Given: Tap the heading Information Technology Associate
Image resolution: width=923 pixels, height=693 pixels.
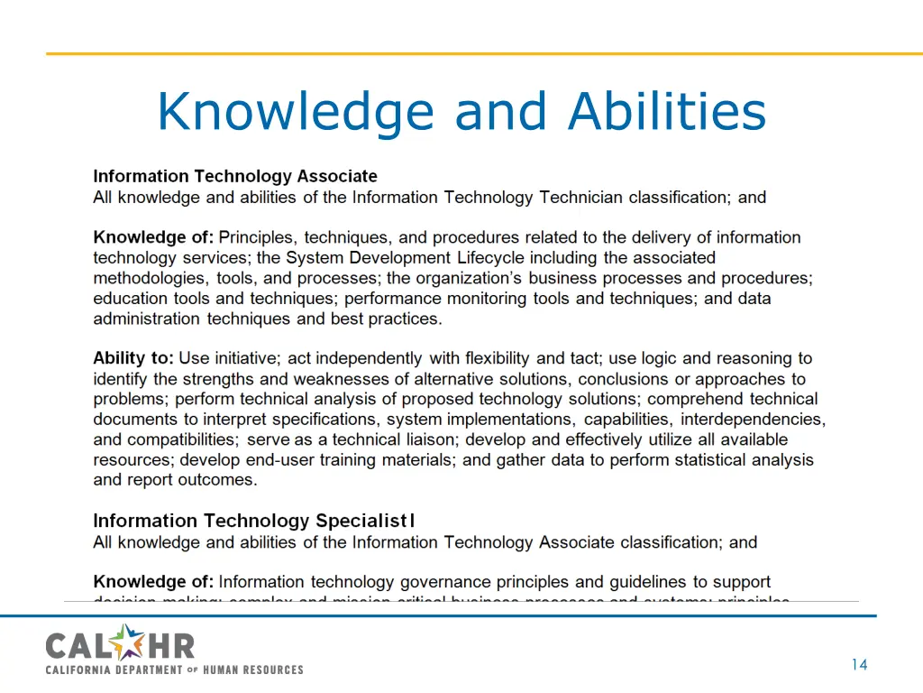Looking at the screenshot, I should [x=235, y=176].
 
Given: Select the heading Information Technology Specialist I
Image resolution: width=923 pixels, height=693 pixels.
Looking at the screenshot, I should [x=254, y=521].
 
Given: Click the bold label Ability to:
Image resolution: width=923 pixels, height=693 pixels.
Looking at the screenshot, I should [x=133, y=358].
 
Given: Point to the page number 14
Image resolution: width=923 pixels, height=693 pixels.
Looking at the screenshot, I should [x=858, y=665].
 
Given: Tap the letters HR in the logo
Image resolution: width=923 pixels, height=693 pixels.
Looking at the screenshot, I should [x=172, y=645].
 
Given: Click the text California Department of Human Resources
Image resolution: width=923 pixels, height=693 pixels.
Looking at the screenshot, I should [x=174, y=670].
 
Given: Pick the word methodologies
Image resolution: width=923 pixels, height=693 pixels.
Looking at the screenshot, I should [x=151, y=278].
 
